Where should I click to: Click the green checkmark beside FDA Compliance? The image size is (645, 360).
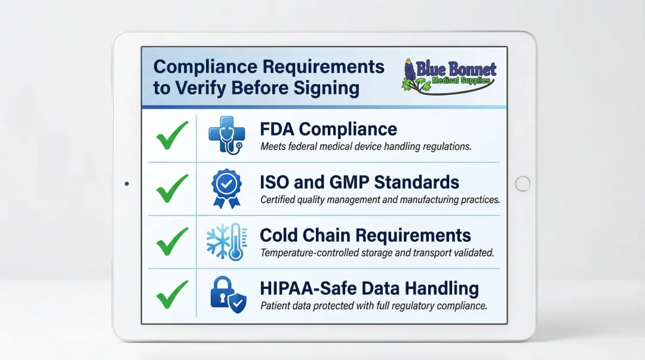tap(172, 136)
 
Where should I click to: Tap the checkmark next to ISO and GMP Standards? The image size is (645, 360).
tap(172, 189)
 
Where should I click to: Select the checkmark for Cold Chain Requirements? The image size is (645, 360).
tap(172, 242)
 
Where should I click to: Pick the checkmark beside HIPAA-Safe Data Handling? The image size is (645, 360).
tap(172, 295)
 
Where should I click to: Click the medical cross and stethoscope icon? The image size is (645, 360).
tap(225, 136)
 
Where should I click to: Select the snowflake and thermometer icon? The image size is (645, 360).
tap(225, 242)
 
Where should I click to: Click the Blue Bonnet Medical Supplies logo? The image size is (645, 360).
tap(449, 76)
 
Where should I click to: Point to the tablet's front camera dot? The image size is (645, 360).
tap(127, 184)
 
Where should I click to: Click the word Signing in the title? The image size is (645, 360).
tap(327, 88)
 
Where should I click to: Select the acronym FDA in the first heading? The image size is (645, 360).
tap(279, 129)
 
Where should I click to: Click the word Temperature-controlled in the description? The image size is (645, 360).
tap(310, 253)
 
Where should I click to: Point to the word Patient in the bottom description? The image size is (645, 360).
tap(275, 306)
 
